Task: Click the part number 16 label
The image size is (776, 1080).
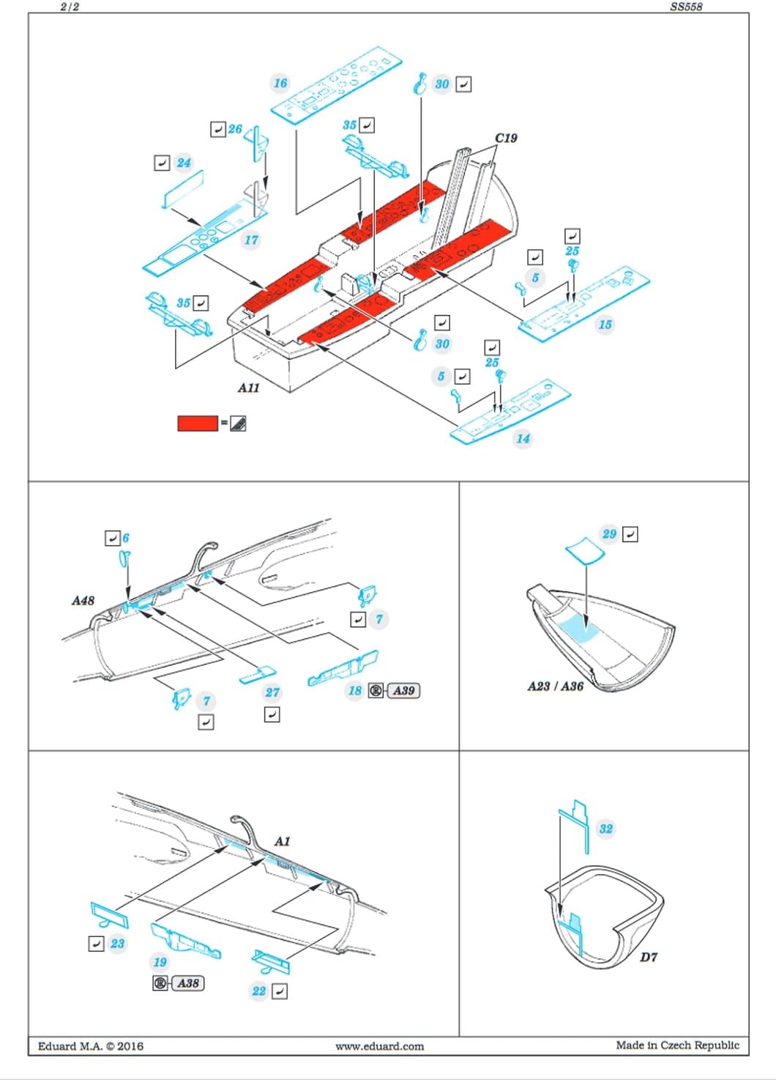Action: pos(280,83)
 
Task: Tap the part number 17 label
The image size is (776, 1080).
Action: pos(251,240)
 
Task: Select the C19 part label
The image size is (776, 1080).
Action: pos(506,138)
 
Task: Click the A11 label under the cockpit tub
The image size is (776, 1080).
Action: pos(249,388)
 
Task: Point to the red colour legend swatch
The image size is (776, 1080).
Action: pos(198,423)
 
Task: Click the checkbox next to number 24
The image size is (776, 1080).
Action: pos(163,163)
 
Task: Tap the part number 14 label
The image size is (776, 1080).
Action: pos(523,439)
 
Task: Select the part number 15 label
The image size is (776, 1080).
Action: pos(605,324)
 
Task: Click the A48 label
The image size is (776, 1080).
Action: pos(83,601)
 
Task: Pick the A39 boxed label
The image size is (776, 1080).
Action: pos(403,690)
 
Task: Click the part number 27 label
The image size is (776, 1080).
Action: pos(272,692)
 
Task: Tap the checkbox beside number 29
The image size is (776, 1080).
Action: pos(630,534)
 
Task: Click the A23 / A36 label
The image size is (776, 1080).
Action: pos(556,686)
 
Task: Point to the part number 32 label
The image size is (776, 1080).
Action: pos(605,829)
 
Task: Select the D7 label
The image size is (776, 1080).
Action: pos(649,956)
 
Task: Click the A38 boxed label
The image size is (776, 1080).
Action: pos(188,983)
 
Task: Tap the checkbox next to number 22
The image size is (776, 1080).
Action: pos(280,991)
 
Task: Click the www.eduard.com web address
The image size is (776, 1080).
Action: pos(379,1046)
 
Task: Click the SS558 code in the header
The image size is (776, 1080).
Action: pos(686,7)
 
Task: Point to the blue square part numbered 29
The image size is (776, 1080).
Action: pos(585,550)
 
